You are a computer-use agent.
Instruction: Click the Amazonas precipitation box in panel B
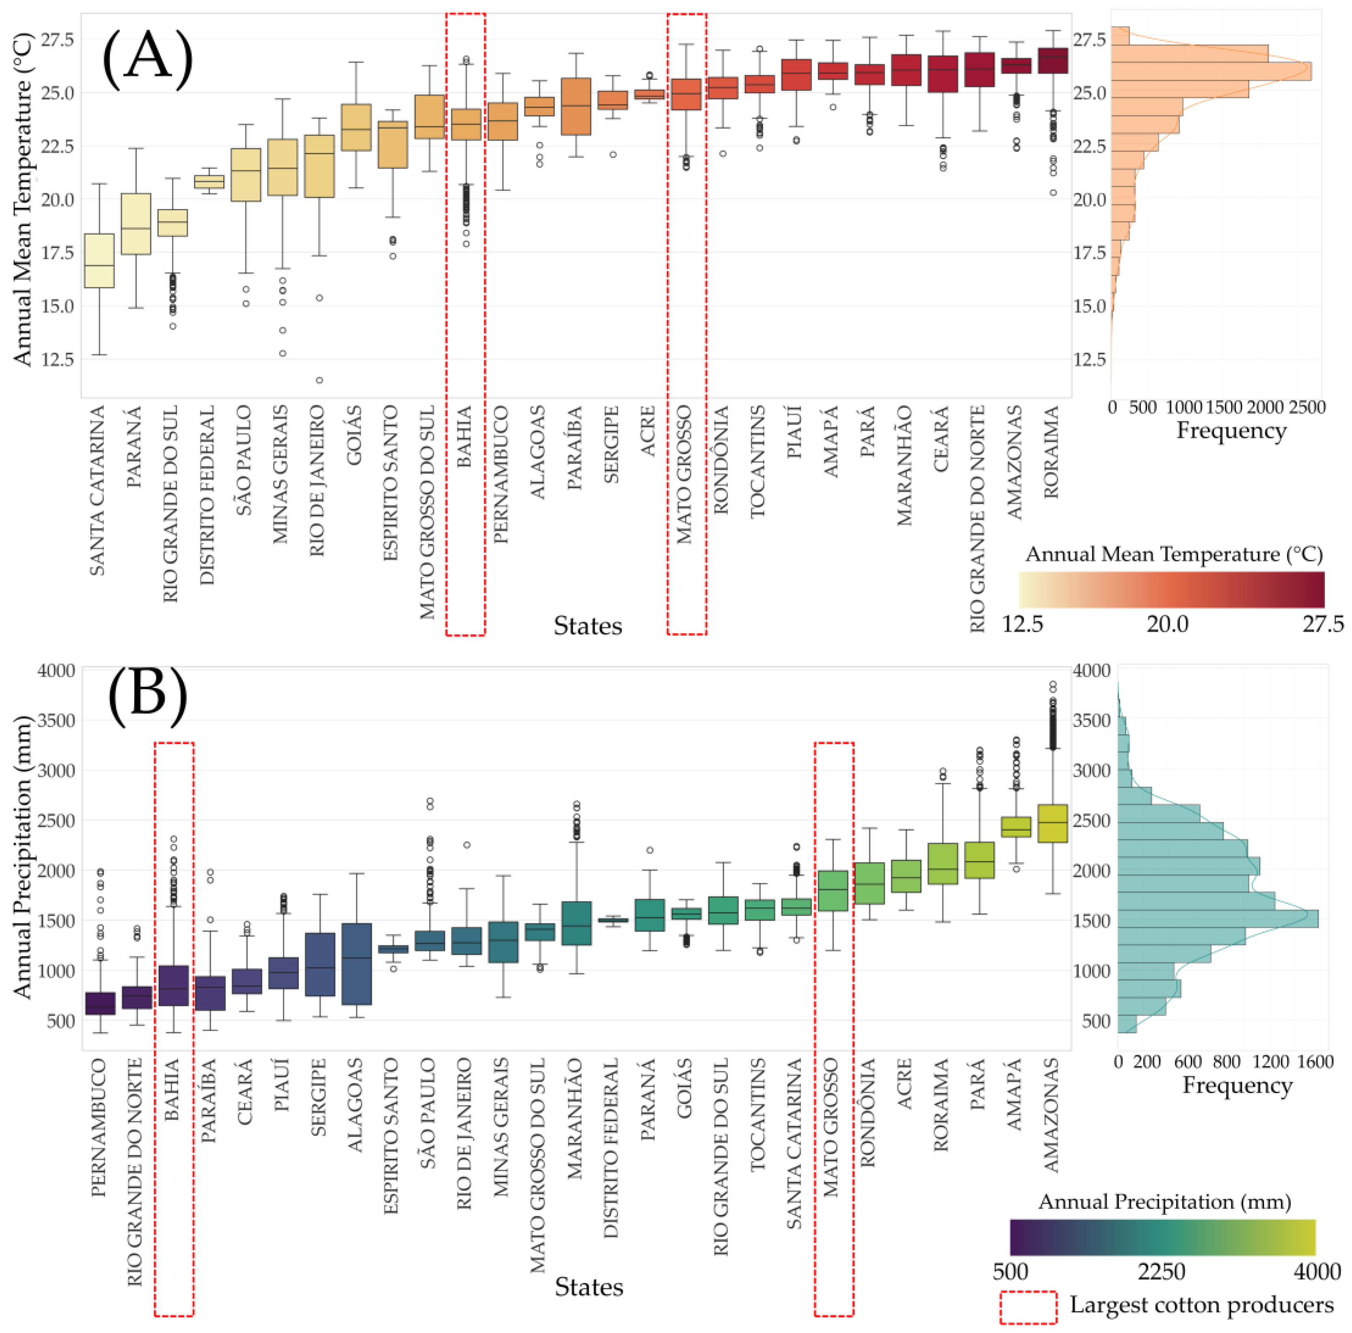coord(1052,824)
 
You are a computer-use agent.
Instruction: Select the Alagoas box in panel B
coord(356,964)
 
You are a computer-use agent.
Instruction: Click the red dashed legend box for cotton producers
coord(1027,1307)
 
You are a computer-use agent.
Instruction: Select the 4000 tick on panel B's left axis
coord(56,670)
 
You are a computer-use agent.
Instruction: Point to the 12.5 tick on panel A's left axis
coord(56,359)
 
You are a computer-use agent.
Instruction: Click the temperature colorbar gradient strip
coord(1171,589)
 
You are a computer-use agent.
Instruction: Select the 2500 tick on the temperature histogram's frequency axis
coord(1307,407)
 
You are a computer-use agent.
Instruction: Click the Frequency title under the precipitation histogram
coord(1237,1085)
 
